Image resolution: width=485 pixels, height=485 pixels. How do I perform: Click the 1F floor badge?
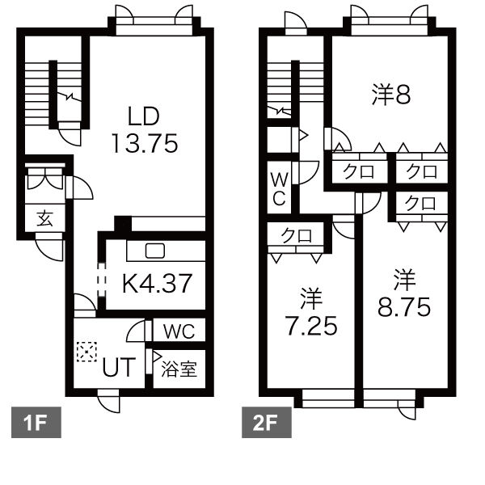tap(36, 422)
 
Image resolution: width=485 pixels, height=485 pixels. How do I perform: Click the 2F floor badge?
tap(266, 422)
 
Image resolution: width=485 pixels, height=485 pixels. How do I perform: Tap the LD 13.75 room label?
tap(145, 130)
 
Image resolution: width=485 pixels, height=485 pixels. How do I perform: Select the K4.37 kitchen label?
tap(158, 284)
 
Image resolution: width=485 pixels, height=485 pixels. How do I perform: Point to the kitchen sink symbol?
tap(155, 251)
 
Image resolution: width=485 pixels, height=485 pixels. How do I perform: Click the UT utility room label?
tap(119, 368)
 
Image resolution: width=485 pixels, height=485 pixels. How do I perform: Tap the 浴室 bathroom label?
tap(179, 369)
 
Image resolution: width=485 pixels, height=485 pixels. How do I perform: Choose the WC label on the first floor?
tap(179, 331)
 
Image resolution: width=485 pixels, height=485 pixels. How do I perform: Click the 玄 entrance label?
tap(44, 218)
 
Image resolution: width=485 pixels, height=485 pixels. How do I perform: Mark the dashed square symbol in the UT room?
tap(86, 352)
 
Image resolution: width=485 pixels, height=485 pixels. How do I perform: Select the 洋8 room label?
tap(391, 95)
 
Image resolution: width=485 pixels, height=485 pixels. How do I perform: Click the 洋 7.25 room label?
tap(311, 312)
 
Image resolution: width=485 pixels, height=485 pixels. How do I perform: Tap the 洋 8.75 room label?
tap(404, 293)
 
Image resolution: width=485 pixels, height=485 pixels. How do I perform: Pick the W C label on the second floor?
tap(279, 189)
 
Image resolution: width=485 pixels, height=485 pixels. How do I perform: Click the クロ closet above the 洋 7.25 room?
tap(297, 236)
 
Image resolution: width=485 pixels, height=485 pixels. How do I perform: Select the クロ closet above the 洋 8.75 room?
tap(420, 204)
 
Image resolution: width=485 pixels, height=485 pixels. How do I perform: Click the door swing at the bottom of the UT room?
tap(108, 401)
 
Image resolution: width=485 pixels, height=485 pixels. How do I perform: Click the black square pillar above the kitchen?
tap(123, 224)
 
